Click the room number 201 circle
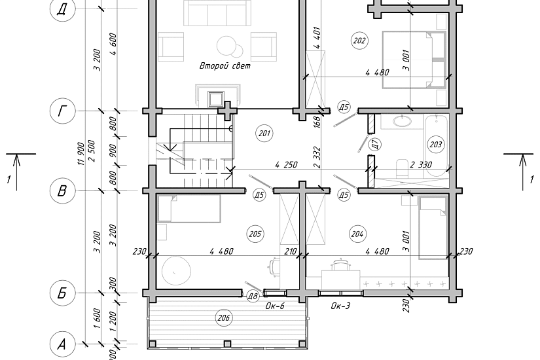tap(264, 134)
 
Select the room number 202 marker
tap(359, 41)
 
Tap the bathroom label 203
tap(436, 144)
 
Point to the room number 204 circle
tap(357, 234)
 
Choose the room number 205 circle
tap(255, 234)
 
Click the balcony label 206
tap(224, 317)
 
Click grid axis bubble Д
tap(62, 9)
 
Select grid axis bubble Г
tap(62, 111)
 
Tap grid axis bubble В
tap(62, 190)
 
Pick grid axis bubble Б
tap(62, 293)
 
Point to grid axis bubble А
tap(62, 344)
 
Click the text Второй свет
tap(225, 66)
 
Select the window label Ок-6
tap(275, 306)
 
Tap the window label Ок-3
tap(340, 306)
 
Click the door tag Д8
tap(253, 297)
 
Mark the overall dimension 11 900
tap(81, 154)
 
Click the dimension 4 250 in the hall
tap(286, 165)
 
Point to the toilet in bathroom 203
tap(401, 168)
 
